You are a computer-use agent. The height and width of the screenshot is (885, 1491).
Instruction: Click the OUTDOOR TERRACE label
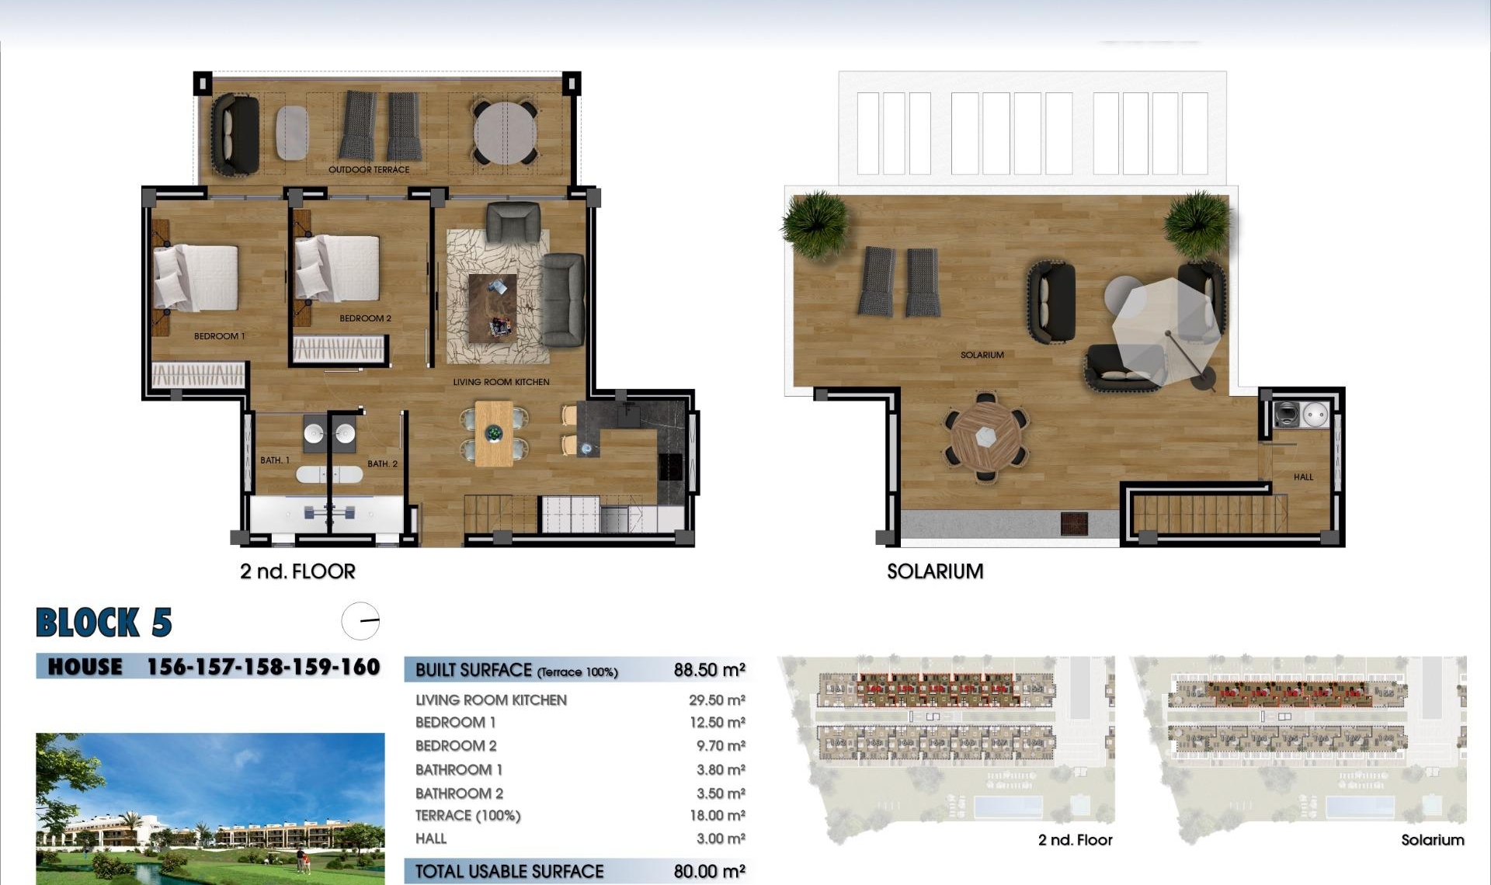coord(368,169)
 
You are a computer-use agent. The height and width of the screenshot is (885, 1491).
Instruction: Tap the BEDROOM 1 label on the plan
coord(219,336)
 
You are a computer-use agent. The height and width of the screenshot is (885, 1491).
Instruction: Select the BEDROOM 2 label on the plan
coord(365,318)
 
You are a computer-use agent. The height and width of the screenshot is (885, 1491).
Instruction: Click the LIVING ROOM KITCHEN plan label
coord(501,382)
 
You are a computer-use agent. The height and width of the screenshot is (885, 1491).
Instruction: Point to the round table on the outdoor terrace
coord(506,133)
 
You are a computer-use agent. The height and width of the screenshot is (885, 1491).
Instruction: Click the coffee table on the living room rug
coord(492,307)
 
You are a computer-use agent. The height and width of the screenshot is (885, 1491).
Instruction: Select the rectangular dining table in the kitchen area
coord(494,433)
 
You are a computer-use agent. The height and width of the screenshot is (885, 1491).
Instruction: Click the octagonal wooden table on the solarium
coord(986,437)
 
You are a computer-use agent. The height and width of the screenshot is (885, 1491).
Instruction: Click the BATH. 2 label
coord(382,463)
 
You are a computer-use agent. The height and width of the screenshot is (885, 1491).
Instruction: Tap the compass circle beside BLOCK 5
coord(361,621)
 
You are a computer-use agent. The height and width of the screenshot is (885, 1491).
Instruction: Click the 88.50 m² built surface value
coord(709,670)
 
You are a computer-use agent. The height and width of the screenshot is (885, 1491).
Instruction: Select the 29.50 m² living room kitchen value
coord(716,700)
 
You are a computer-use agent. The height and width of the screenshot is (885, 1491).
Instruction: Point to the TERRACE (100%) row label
coord(467,815)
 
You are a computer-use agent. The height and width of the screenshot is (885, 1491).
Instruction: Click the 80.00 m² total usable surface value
coord(709,872)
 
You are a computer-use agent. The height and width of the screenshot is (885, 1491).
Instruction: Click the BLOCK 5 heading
coord(103,623)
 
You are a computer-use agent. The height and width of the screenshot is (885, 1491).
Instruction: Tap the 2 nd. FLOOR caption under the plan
coord(297,571)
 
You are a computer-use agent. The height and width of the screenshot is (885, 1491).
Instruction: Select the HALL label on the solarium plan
coord(1303,477)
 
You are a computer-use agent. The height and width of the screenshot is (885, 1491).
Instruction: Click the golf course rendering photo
coord(210,807)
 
